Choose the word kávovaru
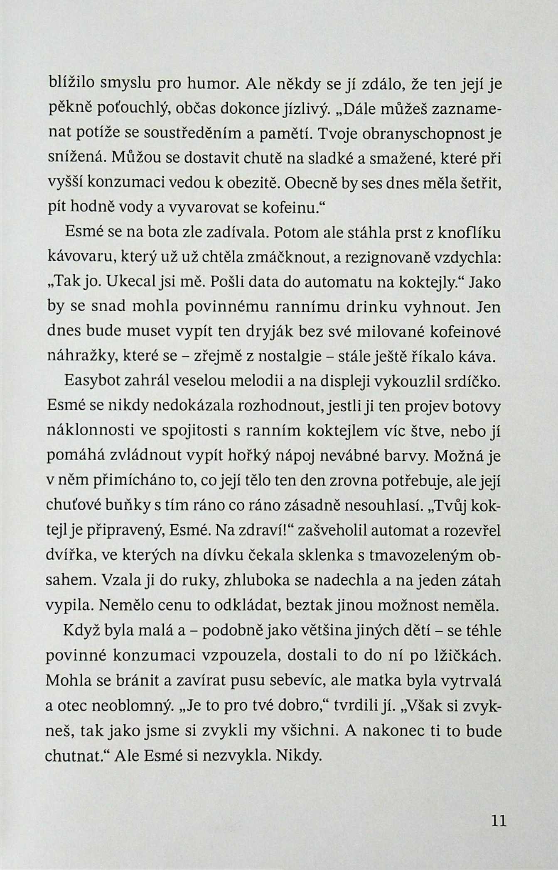tap(81, 258)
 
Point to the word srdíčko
tap(476, 381)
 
